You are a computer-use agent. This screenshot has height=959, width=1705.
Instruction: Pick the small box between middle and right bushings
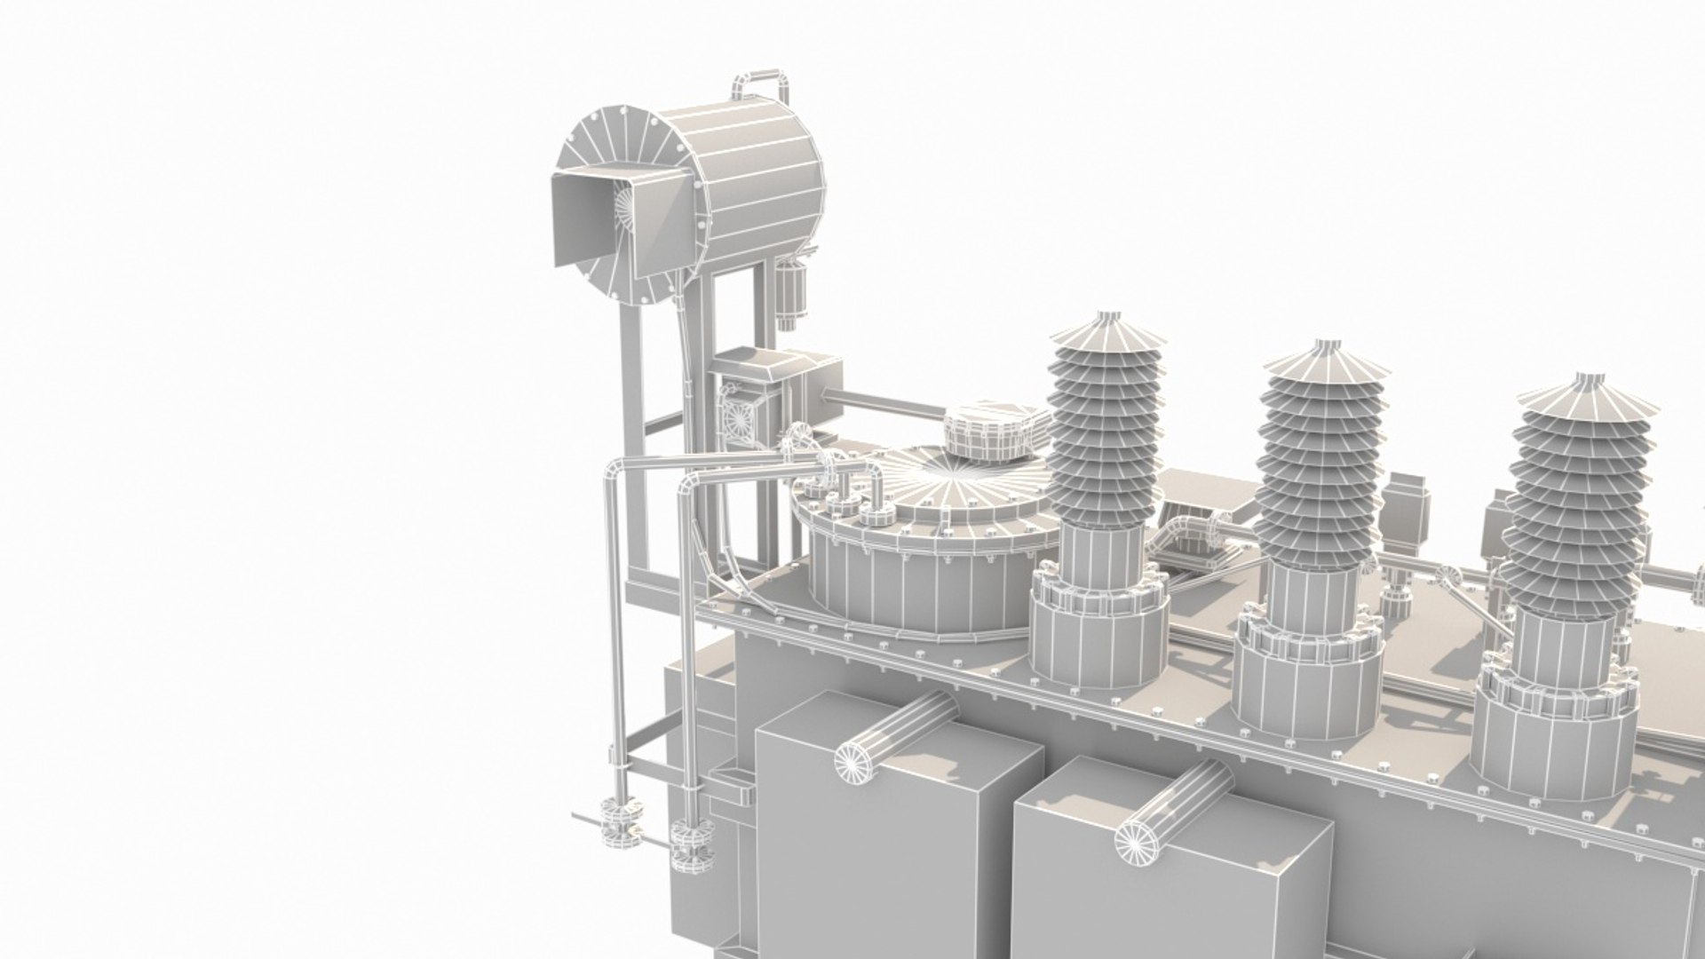pyautogui.click(x=1406, y=506)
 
